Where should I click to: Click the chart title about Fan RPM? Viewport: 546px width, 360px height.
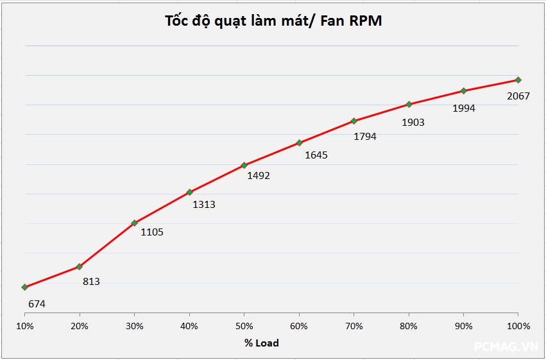[x=273, y=21]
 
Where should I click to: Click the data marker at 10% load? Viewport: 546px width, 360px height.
[x=24, y=287]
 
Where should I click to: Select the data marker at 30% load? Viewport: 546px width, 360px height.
[x=134, y=223]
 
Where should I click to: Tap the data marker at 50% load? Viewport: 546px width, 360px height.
[x=244, y=165]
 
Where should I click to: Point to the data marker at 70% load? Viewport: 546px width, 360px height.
[x=354, y=121]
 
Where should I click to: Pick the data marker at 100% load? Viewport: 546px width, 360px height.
[x=518, y=80]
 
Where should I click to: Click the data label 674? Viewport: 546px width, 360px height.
[x=37, y=304]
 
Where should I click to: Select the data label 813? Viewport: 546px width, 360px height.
[x=91, y=281]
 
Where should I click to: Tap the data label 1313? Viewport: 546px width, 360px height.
[x=204, y=205]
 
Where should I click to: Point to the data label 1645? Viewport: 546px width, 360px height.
[x=316, y=155]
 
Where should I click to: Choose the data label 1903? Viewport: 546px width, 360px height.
[x=413, y=122]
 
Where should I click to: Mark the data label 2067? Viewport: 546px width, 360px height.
[x=518, y=96]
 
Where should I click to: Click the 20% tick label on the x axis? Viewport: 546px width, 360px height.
[x=80, y=326]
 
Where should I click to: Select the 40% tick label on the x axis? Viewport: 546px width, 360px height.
[x=189, y=326]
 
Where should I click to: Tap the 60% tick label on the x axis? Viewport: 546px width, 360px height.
[x=299, y=326]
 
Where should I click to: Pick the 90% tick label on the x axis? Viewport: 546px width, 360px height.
[x=463, y=326]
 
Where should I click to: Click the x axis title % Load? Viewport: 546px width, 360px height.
[x=261, y=343]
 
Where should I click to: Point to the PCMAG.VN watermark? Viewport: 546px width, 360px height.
[x=506, y=347]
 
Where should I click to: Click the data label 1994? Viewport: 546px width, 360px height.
[x=464, y=108]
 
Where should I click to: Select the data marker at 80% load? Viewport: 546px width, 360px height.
[x=409, y=104]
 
